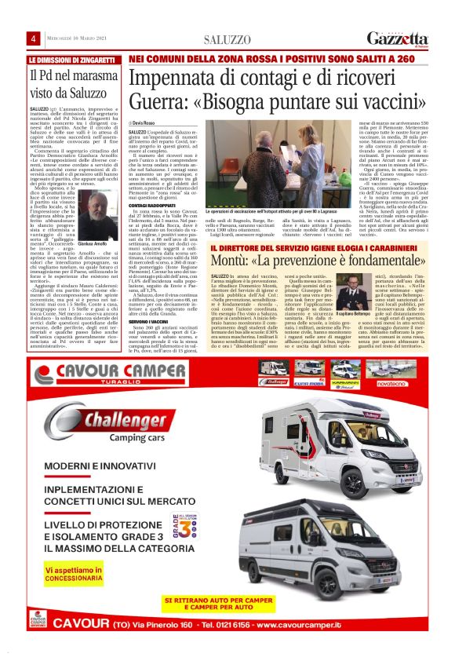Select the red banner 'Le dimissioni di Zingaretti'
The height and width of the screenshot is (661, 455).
coord(74,60)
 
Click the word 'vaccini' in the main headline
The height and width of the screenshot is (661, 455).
coord(370,104)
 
